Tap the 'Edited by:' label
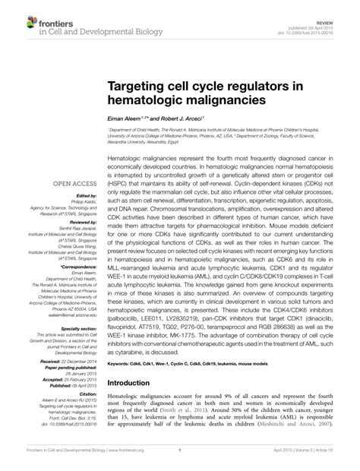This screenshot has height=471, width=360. pos(85,195)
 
